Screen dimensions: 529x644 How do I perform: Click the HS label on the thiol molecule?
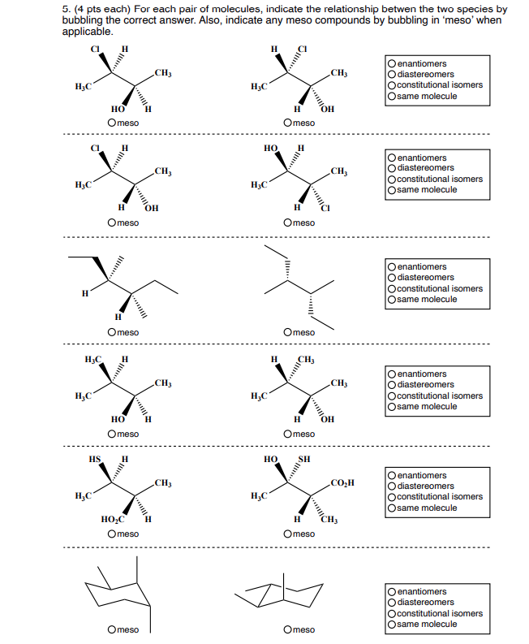(x=95, y=458)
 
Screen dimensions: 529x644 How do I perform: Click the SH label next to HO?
(x=304, y=458)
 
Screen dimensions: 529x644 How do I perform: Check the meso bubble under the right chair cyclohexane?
(x=288, y=629)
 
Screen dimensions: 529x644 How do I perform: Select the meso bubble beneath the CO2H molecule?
(x=288, y=534)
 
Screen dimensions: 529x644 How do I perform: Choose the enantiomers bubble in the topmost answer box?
(x=393, y=63)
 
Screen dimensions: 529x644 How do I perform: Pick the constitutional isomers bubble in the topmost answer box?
(x=393, y=84)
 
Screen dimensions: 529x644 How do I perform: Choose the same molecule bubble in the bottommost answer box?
(x=393, y=624)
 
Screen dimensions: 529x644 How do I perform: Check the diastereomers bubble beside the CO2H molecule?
(x=393, y=486)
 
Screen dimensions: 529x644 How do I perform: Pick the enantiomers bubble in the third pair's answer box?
(x=393, y=266)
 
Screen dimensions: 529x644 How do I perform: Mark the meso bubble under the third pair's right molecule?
(x=288, y=332)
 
